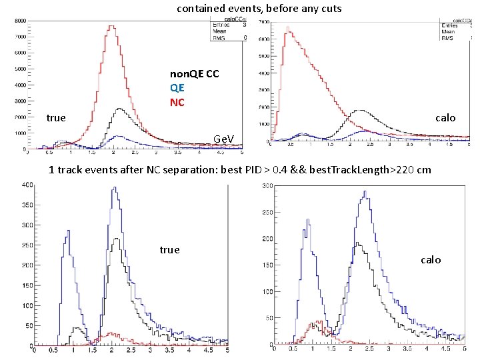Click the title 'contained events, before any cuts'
pos(259,9)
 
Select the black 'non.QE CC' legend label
pos(194,73)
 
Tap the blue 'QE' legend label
pos(177,88)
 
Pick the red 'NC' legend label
pos(177,102)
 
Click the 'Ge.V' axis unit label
pos(223,139)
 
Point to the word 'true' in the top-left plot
pos(56,118)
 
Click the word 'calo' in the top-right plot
pos(445,118)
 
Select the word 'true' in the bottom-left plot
pos(169,249)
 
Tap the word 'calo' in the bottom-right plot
pos(431,259)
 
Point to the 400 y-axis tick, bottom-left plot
pos(26,185)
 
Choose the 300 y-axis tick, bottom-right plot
pos(266,186)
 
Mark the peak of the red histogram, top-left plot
pos(113,27)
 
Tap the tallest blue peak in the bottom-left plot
pos(115,188)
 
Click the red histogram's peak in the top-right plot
pos(288,28)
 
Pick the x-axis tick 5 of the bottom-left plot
pos(227,351)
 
